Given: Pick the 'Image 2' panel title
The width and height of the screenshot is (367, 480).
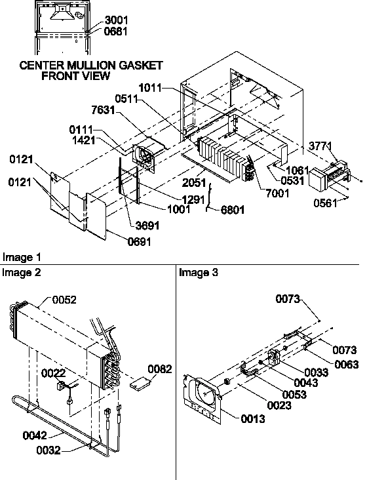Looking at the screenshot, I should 20,272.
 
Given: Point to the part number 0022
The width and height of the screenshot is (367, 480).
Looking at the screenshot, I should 55,373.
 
